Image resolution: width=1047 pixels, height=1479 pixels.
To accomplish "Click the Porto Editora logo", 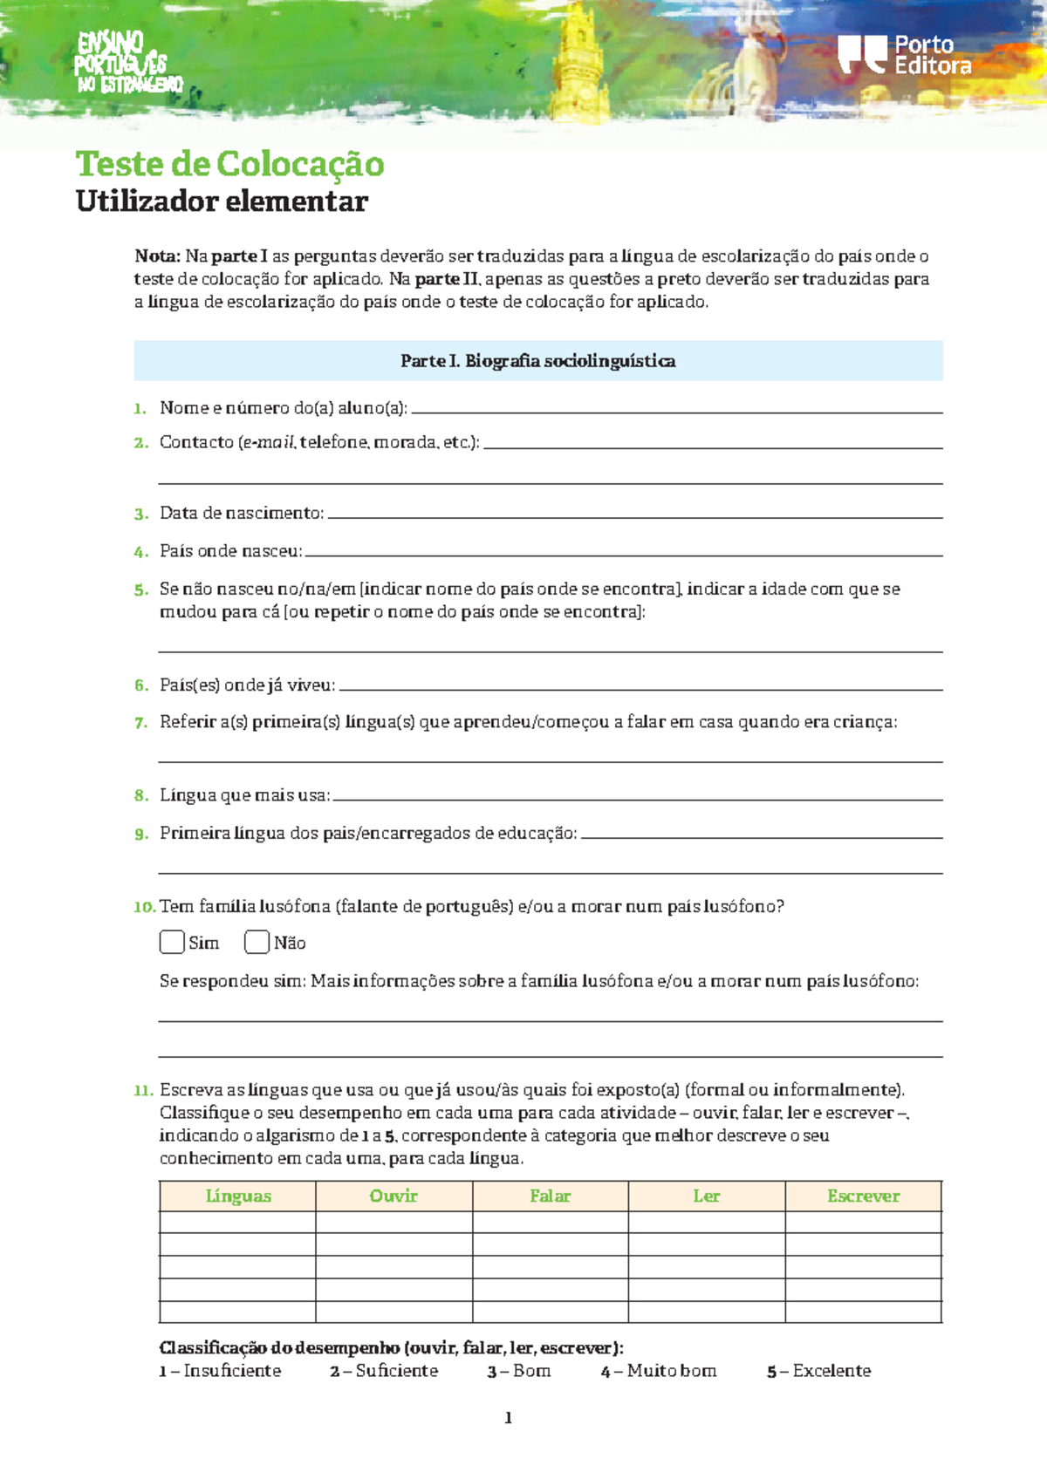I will (905, 55).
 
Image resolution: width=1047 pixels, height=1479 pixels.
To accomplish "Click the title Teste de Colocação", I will (229, 164).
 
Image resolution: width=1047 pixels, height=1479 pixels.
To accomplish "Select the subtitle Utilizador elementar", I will (222, 201).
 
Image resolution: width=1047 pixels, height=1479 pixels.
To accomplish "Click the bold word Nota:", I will (157, 256).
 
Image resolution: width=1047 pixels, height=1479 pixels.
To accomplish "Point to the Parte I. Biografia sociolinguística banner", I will (537, 361).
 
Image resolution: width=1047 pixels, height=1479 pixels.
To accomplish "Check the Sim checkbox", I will (172, 942).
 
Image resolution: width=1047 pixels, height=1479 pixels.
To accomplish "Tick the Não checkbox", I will (257, 942).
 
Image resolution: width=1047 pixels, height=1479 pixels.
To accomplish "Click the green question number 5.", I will (141, 590).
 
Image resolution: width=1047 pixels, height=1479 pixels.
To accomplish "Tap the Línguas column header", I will (237, 1196).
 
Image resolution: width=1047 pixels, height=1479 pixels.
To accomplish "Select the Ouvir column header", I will (393, 1196).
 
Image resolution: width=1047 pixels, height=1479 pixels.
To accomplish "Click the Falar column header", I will (550, 1196).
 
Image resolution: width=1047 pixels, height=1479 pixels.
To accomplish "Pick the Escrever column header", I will (863, 1196).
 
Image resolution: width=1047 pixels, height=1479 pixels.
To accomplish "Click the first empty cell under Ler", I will (706, 1222).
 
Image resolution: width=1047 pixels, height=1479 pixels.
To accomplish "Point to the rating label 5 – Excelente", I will (818, 1371).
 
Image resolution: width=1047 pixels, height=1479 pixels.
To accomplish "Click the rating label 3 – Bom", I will (519, 1371).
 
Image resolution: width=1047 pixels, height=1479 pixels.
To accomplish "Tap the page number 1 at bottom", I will (508, 1418).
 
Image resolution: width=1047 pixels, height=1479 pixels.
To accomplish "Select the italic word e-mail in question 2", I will (268, 443).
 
